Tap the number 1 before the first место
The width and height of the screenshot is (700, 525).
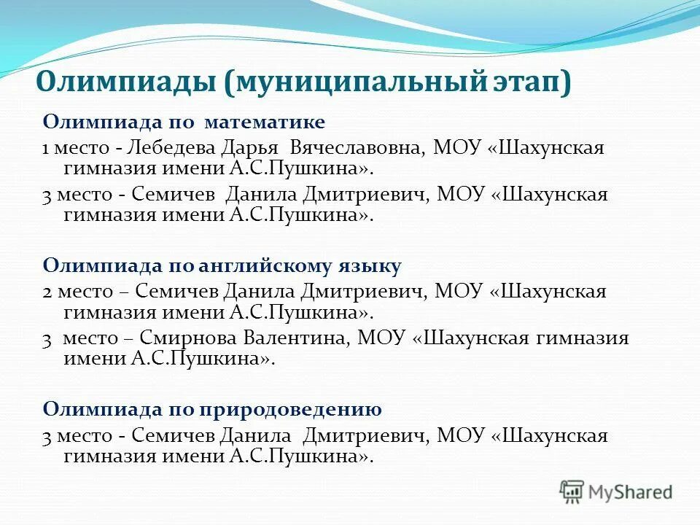(45, 148)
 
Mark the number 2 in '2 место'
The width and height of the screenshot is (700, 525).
(47, 292)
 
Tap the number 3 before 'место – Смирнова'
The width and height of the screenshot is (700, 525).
(47, 338)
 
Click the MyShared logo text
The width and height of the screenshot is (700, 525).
(630, 492)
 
